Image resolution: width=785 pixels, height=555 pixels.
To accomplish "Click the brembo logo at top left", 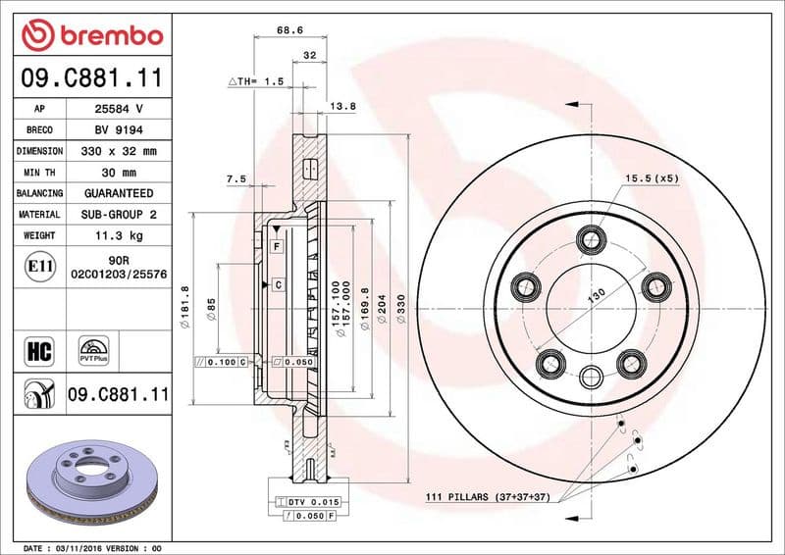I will click(91, 36).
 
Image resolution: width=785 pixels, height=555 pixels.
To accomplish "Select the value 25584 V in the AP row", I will click(119, 109).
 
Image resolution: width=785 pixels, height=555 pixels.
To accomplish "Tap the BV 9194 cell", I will click(119, 129).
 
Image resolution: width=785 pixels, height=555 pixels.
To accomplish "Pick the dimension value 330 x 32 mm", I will click(119, 151).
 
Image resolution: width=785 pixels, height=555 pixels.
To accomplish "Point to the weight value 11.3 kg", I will click(119, 235).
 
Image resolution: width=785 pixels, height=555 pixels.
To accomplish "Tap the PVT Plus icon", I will click(94, 350).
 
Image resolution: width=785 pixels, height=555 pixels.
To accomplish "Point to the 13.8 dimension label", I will click(342, 105).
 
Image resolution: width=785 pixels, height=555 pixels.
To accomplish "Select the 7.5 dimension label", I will click(235, 179).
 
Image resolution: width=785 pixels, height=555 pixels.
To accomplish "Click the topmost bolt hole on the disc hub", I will click(591, 237).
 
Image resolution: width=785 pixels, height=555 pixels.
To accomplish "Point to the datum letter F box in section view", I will click(278, 244).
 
